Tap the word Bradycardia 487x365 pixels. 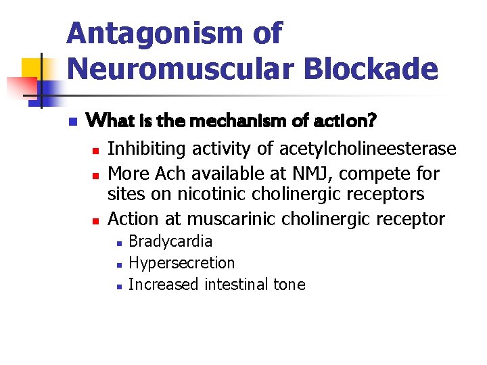click(x=170, y=241)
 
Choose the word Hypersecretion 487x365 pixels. click(x=181, y=263)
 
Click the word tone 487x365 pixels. click(x=289, y=285)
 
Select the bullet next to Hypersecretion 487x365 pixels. click(x=117, y=264)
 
